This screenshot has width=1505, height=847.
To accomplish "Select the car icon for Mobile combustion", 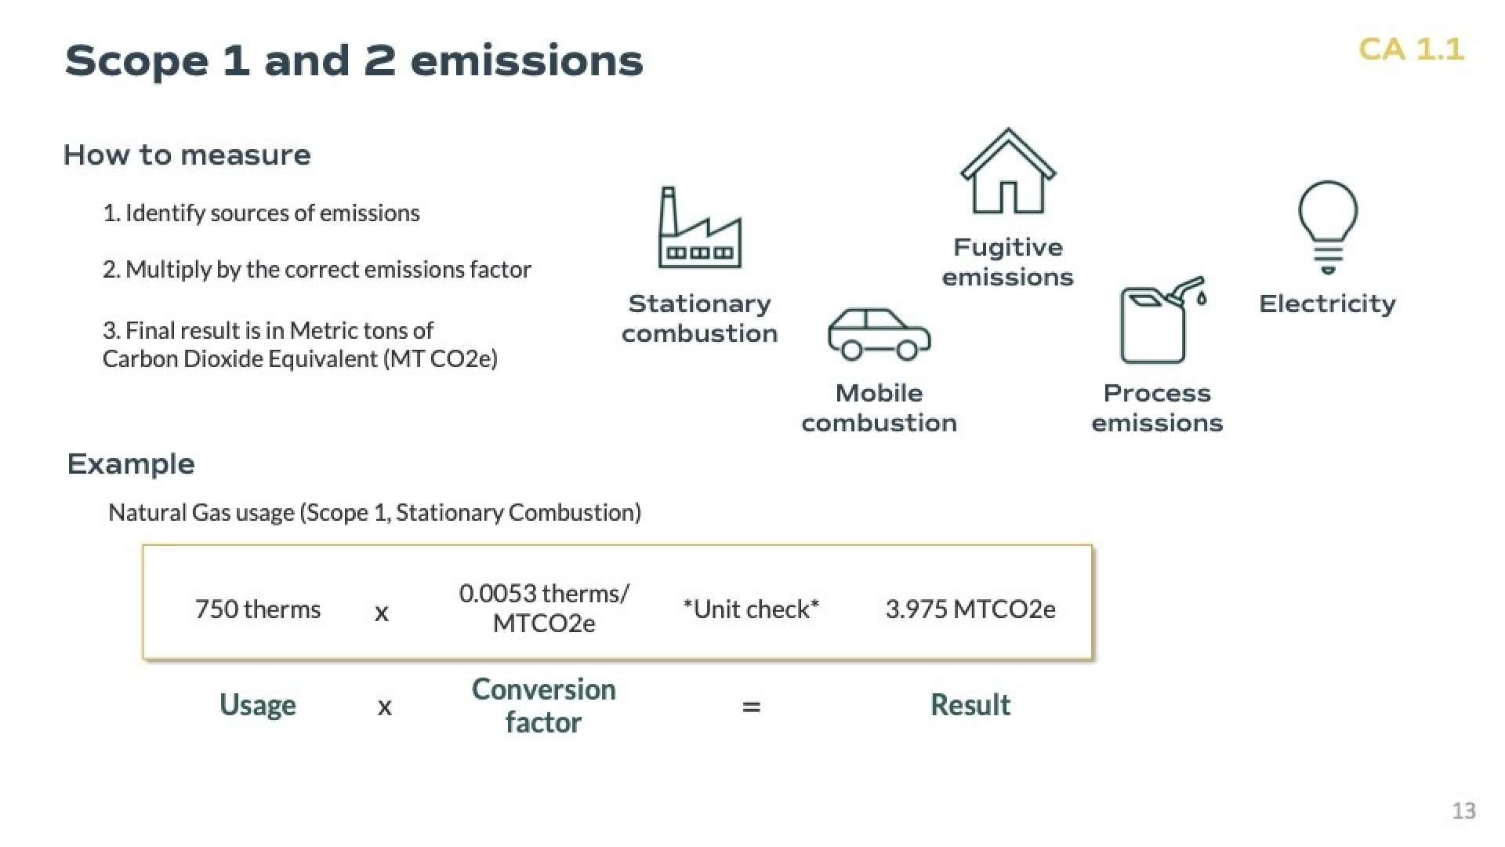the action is (x=879, y=333).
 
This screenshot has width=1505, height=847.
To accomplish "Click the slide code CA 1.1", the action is (x=1411, y=49).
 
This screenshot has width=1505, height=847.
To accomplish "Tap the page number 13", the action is (x=1463, y=810).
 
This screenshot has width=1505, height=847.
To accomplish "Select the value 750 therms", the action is (x=258, y=609).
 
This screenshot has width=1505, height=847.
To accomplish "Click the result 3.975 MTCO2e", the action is (x=970, y=609).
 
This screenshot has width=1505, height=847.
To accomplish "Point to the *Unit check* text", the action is (x=751, y=609).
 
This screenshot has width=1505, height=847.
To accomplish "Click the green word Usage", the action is (x=258, y=705).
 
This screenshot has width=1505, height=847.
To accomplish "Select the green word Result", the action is (x=970, y=705).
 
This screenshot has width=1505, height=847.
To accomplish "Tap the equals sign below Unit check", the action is (x=751, y=707).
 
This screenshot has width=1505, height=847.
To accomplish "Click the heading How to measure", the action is (x=187, y=154).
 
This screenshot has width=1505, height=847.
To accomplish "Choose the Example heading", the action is (x=131, y=464).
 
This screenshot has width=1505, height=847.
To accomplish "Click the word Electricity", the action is (x=1327, y=304).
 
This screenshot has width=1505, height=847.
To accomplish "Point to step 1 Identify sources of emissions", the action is (x=261, y=213).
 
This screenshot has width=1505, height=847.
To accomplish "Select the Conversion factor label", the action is (x=544, y=706).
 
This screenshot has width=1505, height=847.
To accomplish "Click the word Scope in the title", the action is (x=136, y=62).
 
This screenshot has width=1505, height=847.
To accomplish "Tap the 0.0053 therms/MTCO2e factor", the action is (x=544, y=609).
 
